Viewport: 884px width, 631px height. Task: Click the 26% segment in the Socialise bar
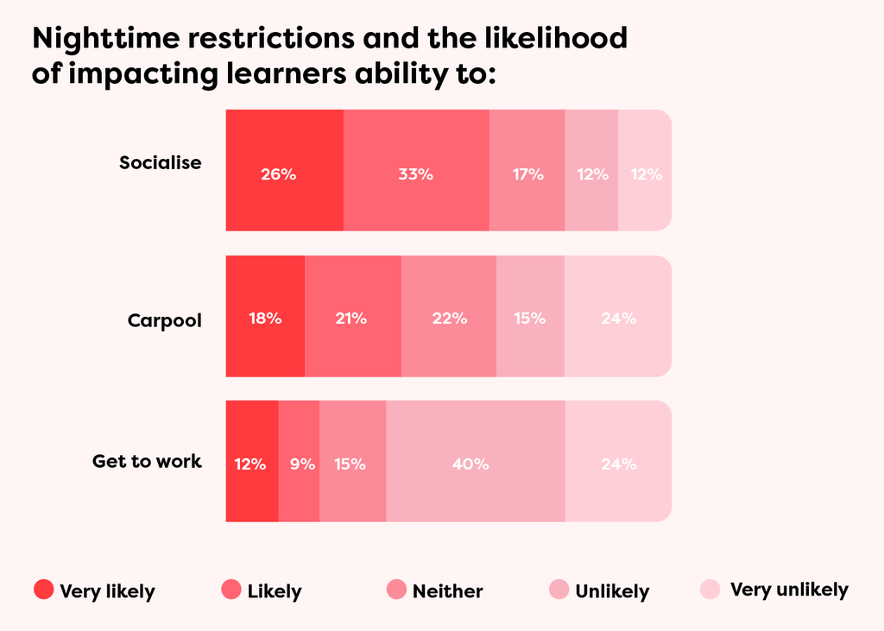pos(285,170)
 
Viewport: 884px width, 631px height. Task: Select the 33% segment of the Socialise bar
pos(416,170)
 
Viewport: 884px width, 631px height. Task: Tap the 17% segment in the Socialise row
pos(527,170)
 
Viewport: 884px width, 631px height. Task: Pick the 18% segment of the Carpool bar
pos(266,316)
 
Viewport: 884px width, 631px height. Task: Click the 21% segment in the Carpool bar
pos(353,316)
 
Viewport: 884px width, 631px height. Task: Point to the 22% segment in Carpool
pos(449,316)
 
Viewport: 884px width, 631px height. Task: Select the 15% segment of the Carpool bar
pos(531,316)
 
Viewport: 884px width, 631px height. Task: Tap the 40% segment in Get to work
pos(476,461)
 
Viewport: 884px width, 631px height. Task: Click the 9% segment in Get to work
pos(299,461)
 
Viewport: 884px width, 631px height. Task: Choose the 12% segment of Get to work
pos(252,461)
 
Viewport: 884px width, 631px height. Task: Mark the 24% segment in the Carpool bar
pos(618,316)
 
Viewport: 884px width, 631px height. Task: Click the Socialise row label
pos(160,162)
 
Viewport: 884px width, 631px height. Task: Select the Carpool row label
pos(165,320)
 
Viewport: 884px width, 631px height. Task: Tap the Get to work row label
pos(147,461)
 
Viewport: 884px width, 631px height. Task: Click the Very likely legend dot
pos(43,590)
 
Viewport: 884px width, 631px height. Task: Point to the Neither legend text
pos(448,591)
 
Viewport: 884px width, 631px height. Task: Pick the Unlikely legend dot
pos(559,590)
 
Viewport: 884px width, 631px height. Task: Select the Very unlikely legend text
pos(789,590)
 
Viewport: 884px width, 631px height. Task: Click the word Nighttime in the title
pos(105,38)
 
